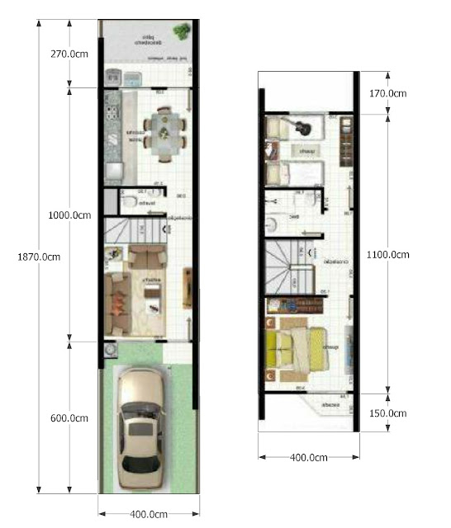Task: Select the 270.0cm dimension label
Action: tap(69, 54)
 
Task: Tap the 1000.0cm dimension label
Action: tap(69, 215)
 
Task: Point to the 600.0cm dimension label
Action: tap(69, 418)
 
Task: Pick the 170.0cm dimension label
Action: tap(387, 93)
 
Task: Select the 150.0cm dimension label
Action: tap(387, 413)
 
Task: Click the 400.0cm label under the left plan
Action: tap(150, 515)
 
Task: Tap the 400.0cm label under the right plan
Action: tap(307, 457)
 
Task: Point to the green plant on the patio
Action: tap(180, 31)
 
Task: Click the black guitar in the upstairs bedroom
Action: tap(298, 127)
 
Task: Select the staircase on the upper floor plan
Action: tap(290, 266)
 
